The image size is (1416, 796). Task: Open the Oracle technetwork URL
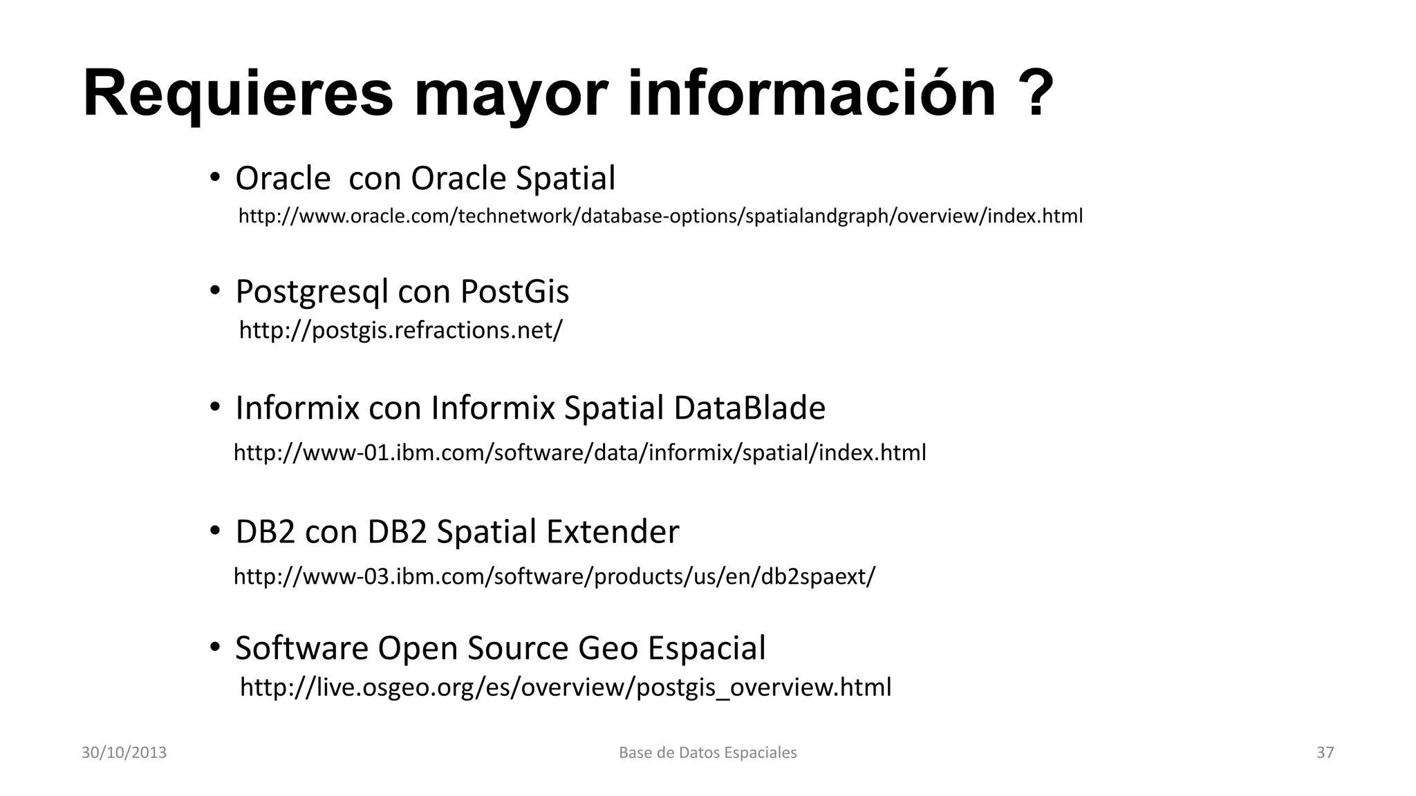click(x=660, y=216)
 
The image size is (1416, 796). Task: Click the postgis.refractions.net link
click(x=400, y=330)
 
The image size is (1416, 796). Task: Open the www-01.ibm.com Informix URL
click(x=579, y=453)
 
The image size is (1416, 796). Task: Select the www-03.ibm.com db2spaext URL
click(x=555, y=576)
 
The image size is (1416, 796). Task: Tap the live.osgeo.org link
click(x=566, y=687)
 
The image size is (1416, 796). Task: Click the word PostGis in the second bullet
click(x=514, y=292)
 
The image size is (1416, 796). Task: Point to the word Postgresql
click(x=312, y=292)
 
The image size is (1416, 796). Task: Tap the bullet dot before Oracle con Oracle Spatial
click(x=215, y=177)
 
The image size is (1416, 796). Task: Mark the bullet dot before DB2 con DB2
click(x=215, y=531)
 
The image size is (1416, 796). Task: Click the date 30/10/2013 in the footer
click(x=124, y=752)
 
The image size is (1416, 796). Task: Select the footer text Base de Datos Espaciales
click(x=707, y=752)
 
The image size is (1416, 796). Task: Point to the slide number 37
click(x=1325, y=752)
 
